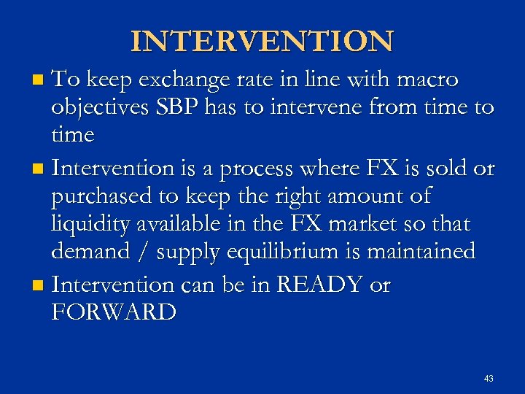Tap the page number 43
point(489,379)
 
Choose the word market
point(360,224)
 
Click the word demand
point(90,252)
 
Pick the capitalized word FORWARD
point(114,312)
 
